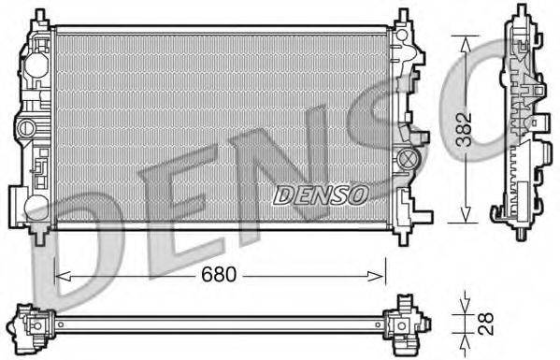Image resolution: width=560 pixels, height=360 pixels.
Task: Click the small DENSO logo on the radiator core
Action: coord(321,194)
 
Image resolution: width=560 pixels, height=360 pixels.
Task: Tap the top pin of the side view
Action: coord(519,13)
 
